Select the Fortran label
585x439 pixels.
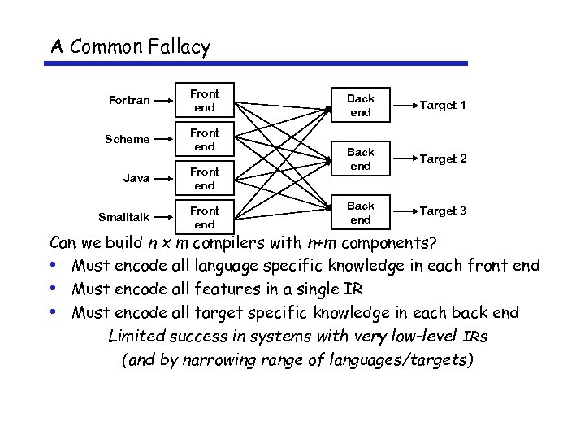tap(129, 101)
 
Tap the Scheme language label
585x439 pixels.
tap(128, 139)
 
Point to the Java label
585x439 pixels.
tap(136, 178)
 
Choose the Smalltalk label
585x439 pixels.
tap(124, 217)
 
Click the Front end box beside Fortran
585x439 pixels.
tap(205, 101)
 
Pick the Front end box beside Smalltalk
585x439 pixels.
tap(205, 217)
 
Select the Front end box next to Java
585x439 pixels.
tap(205, 178)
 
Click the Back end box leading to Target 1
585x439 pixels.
tap(361, 105)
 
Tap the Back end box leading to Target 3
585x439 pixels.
tap(361, 212)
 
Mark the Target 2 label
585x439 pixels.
tap(443, 159)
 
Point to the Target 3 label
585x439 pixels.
tap(443, 211)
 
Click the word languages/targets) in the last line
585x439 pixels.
tap(404, 359)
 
